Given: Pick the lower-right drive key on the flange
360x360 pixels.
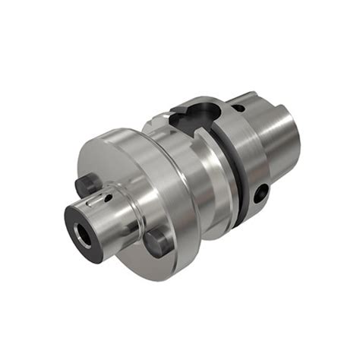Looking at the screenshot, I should [159, 242].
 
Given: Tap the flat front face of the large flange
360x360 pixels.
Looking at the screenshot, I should [114, 163].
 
